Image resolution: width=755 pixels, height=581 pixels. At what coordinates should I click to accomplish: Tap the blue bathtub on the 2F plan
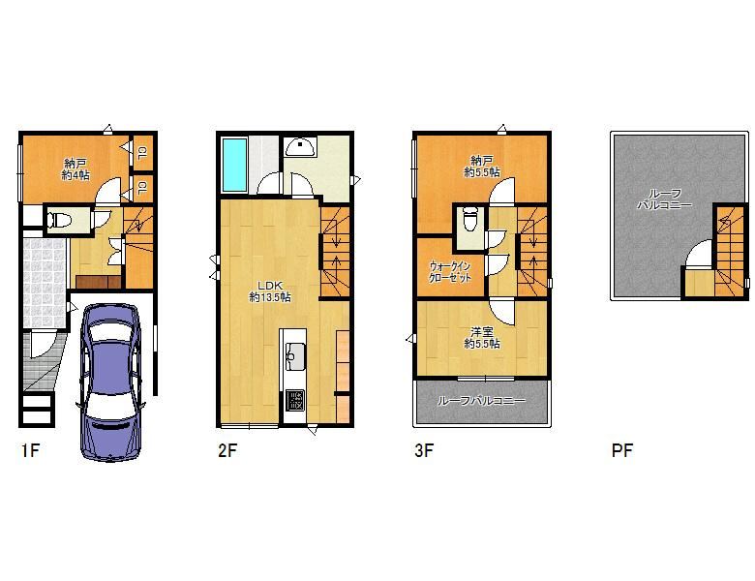click(x=235, y=165)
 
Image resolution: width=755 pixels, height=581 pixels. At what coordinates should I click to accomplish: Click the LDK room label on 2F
click(x=270, y=285)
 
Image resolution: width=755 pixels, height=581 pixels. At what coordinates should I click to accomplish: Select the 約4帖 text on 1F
click(x=75, y=176)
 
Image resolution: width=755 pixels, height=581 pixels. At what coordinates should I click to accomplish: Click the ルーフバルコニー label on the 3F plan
click(x=481, y=401)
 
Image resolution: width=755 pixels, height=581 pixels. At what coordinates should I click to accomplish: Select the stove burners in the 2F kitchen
click(x=294, y=400)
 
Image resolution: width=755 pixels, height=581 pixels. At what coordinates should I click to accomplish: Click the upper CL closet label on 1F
click(x=142, y=151)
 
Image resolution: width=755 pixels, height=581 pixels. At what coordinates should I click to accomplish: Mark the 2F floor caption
click(x=226, y=450)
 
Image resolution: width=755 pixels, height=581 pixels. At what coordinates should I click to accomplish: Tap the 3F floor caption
click(x=424, y=450)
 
